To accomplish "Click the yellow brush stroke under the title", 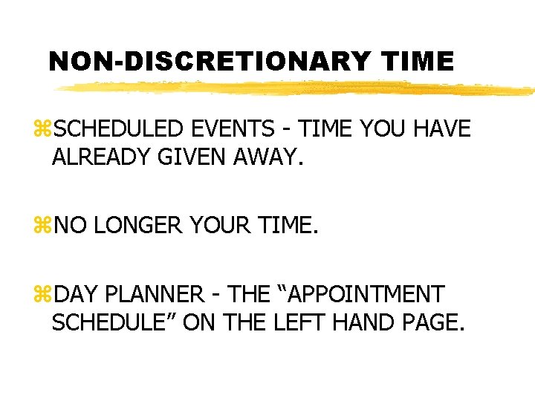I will point(297,88).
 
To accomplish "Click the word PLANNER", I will point(154,295).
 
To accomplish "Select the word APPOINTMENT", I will point(366,295).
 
